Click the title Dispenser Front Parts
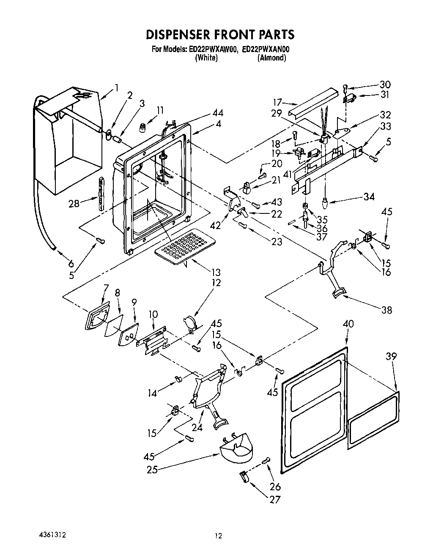pyautogui.click(x=220, y=34)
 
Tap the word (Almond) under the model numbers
pyautogui.click(x=271, y=58)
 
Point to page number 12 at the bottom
pyautogui.click(x=218, y=536)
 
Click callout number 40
pyautogui.click(x=348, y=324)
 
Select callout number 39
pyautogui.click(x=392, y=357)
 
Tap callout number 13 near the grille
pyautogui.click(x=216, y=273)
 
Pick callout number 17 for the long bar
pyautogui.click(x=277, y=102)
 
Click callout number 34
pyautogui.click(x=369, y=197)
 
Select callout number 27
pyautogui.click(x=275, y=499)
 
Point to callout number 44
pyautogui.click(x=218, y=113)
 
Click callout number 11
pyautogui.click(x=159, y=111)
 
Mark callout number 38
pyautogui.click(x=386, y=310)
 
